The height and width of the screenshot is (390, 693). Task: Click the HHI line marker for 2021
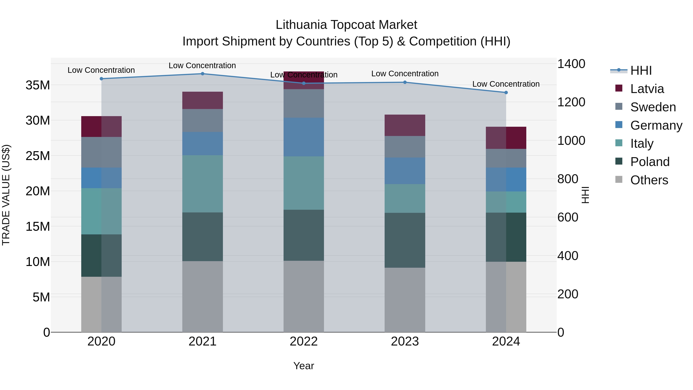[x=203, y=74]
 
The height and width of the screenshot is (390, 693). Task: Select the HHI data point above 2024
[x=506, y=93]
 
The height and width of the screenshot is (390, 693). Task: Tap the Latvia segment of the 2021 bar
[x=203, y=100]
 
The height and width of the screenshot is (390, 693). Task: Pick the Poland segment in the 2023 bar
[x=405, y=240]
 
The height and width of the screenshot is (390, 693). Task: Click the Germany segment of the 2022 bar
[x=304, y=137]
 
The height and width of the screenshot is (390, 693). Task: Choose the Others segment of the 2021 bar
[x=203, y=297]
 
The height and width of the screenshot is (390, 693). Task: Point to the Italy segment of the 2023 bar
[x=405, y=198]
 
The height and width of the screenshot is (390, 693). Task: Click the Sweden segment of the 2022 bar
[x=304, y=103]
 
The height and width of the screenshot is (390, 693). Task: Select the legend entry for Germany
[x=656, y=125]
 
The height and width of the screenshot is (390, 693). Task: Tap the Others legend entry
[x=649, y=180]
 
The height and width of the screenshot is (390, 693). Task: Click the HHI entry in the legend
[x=641, y=70]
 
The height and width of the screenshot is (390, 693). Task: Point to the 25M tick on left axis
[x=38, y=156]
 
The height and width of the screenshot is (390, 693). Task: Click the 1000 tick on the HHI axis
[x=571, y=141]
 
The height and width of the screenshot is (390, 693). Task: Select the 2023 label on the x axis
[x=405, y=341]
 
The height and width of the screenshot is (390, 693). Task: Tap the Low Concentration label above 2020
[x=101, y=70]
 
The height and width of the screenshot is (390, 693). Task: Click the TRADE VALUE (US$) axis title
[x=6, y=195]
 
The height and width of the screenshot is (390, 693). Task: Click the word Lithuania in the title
[x=301, y=25]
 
